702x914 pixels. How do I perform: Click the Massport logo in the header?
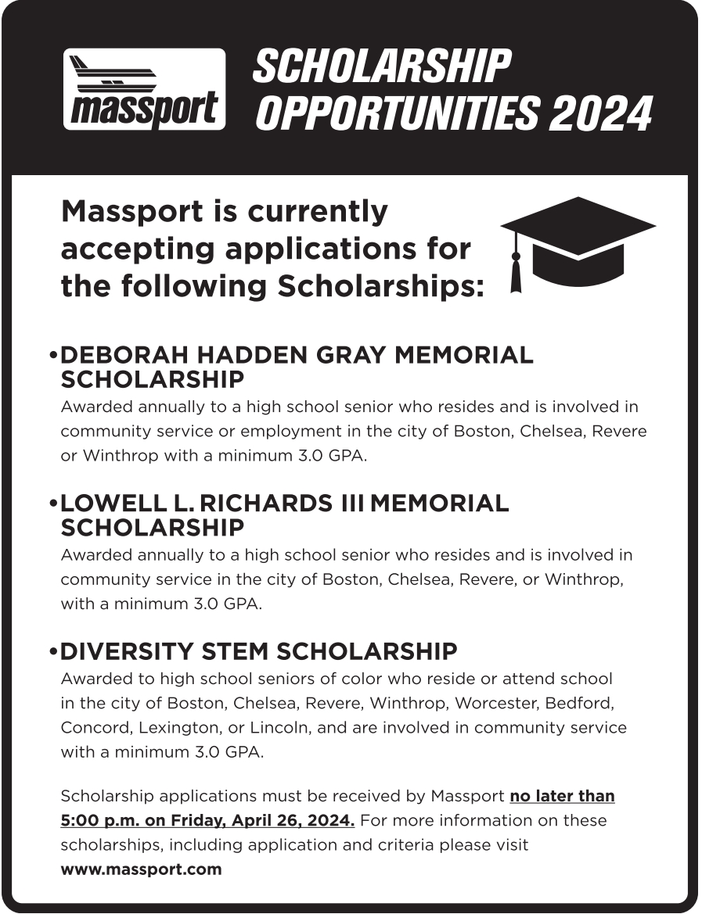click(144, 88)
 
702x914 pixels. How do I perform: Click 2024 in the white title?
click(600, 114)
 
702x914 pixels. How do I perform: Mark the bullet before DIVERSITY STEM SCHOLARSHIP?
click(53, 652)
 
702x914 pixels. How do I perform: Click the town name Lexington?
click(177, 727)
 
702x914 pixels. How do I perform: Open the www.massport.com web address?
click(141, 869)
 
